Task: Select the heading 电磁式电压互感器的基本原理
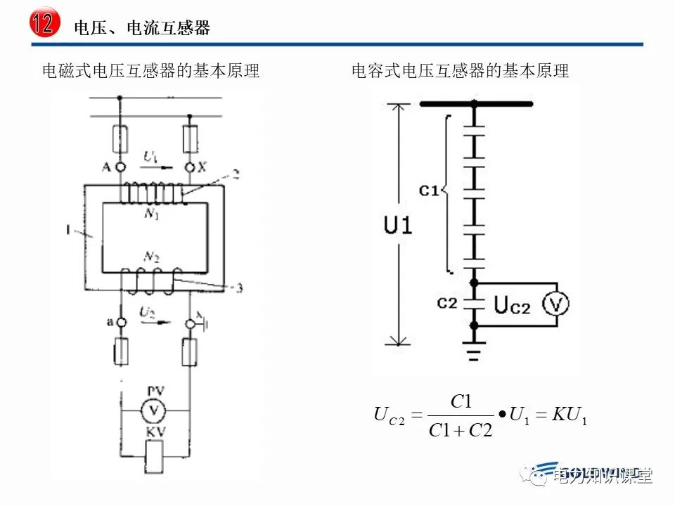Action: (x=151, y=71)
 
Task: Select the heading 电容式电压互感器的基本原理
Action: (x=460, y=71)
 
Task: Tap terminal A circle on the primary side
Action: (x=120, y=167)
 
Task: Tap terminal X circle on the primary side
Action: (x=189, y=167)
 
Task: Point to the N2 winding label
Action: (x=151, y=256)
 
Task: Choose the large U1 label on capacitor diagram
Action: (x=398, y=226)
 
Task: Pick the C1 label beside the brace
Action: (x=428, y=190)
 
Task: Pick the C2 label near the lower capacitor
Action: (x=447, y=304)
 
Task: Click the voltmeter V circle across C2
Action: (x=556, y=304)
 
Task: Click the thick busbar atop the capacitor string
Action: (x=476, y=104)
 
